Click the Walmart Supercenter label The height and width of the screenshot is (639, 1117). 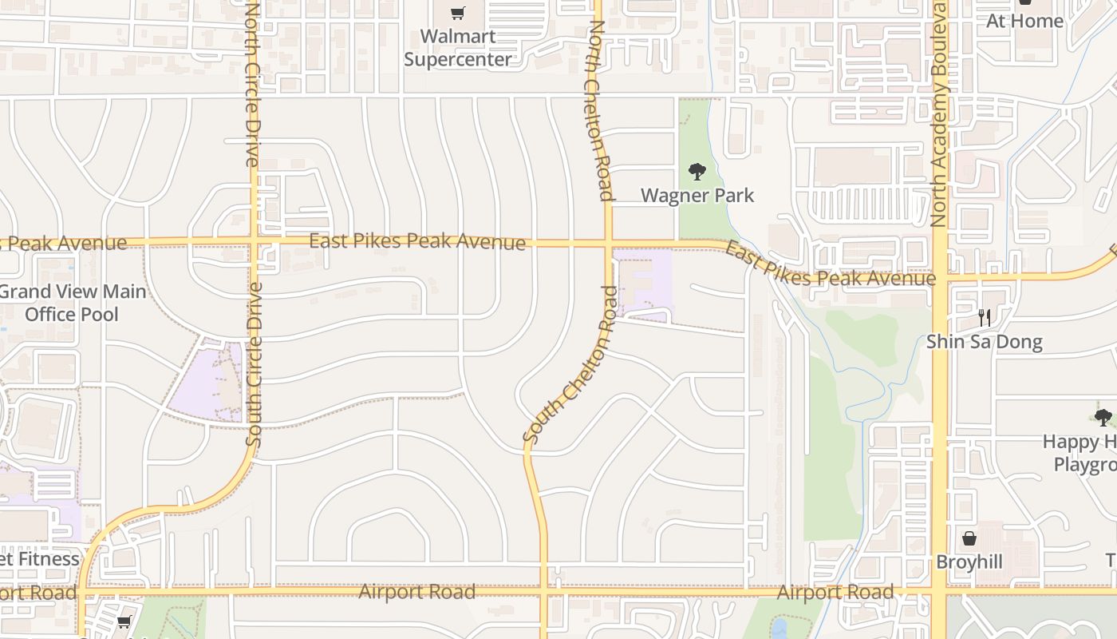pyautogui.click(x=458, y=48)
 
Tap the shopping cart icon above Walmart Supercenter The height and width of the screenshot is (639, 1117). pyautogui.click(x=457, y=13)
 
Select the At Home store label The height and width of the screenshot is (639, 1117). pyautogui.click(x=1024, y=21)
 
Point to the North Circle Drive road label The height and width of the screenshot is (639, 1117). pyautogui.click(x=252, y=84)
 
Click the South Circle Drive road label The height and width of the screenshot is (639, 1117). pyautogui.click(x=254, y=364)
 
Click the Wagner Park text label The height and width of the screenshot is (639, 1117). pyautogui.click(x=697, y=195)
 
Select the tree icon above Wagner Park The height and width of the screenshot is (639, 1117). pyautogui.click(x=697, y=172)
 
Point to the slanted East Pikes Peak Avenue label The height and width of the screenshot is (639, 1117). pyautogui.click(x=830, y=266)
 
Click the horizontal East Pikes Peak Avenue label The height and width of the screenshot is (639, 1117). pyautogui.click(x=416, y=240)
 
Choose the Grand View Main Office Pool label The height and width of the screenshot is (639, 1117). pyautogui.click(x=72, y=303)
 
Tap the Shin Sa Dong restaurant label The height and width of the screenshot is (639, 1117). pyautogui.click(x=984, y=342)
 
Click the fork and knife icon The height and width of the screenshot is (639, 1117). pyautogui.click(x=984, y=318)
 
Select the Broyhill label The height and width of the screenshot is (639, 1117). pyautogui.click(x=969, y=562)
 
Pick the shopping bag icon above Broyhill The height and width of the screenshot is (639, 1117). pyautogui.click(x=969, y=538)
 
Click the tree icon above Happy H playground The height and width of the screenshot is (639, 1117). pyautogui.click(x=1103, y=417)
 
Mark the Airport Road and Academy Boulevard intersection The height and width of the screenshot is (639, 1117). pyautogui.click(x=940, y=592)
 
